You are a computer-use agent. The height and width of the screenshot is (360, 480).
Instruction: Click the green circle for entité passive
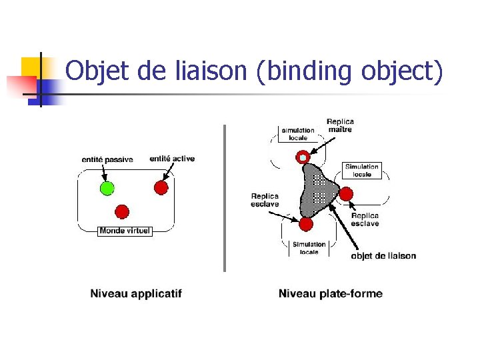click(x=105, y=188)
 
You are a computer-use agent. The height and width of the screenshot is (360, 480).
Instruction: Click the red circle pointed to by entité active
click(x=161, y=188)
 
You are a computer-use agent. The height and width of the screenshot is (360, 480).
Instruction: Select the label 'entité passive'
click(x=107, y=160)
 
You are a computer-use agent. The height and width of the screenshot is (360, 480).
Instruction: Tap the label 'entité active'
click(x=172, y=159)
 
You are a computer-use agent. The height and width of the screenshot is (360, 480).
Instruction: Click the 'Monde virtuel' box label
click(x=125, y=231)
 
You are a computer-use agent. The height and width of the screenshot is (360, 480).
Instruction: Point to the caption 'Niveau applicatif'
click(x=136, y=293)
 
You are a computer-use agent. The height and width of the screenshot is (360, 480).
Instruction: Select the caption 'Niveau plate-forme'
click(x=331, y=293)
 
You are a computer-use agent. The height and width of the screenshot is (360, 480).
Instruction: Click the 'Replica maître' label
click(x=340, y=125)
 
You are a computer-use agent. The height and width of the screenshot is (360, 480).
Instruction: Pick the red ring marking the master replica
click(x=303, y=157)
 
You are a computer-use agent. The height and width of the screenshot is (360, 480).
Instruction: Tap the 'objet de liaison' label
click(x=383, y=256)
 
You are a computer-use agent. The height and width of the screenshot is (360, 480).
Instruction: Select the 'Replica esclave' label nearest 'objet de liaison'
click(x=365, y=219)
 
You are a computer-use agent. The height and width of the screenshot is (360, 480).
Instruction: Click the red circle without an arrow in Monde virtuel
click(x=122, y=212)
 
